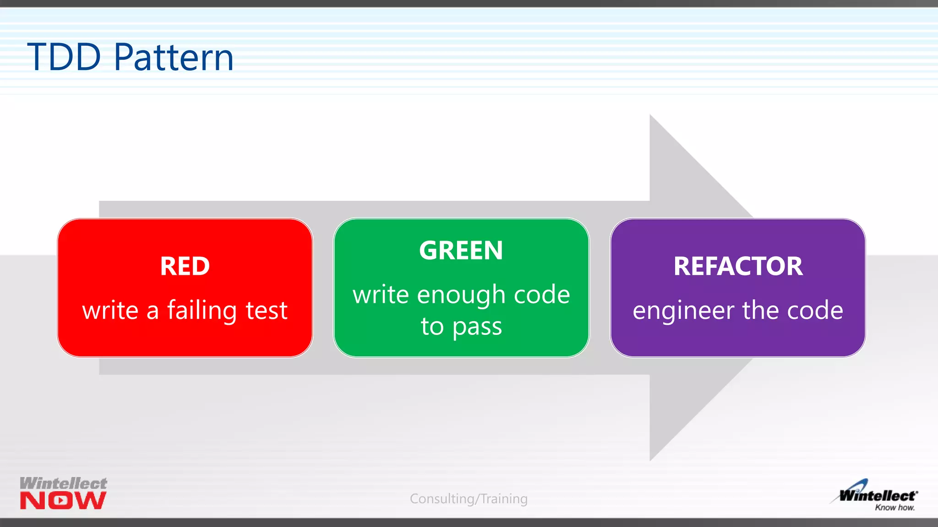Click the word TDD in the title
point(64,57)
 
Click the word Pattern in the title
point(174,57)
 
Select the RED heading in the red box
point(185,266)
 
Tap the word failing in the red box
point(202,311)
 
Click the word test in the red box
point(266,311)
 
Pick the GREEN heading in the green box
point(461,251)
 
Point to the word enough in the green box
point(461,295)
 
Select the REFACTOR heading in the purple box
point(738,266)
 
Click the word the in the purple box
point(761,311)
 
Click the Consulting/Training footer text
point(469,499)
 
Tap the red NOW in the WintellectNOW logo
point(63,501)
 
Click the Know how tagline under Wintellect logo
point(894,507)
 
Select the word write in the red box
point(110,311)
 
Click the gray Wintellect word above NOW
point(63,483)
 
